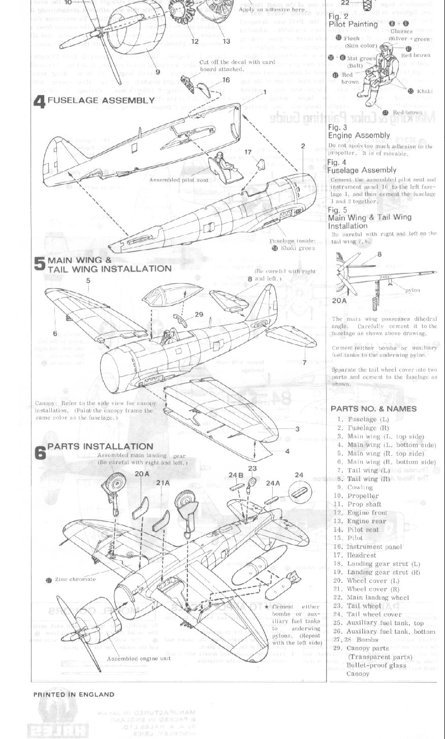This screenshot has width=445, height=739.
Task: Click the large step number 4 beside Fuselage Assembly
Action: [40, 101]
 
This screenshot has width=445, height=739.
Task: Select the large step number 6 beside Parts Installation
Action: [40, 452]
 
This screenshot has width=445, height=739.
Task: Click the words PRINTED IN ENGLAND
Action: [74, 694]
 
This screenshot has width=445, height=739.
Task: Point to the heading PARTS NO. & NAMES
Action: [373, 409]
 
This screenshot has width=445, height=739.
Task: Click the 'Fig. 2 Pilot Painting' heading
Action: [353, 20]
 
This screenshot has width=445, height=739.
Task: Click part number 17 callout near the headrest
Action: [248, 152]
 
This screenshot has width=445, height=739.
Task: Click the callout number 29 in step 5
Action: [199, 315]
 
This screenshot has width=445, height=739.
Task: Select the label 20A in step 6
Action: [142, 474]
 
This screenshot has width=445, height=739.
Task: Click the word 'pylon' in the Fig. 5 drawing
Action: [412, 290]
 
